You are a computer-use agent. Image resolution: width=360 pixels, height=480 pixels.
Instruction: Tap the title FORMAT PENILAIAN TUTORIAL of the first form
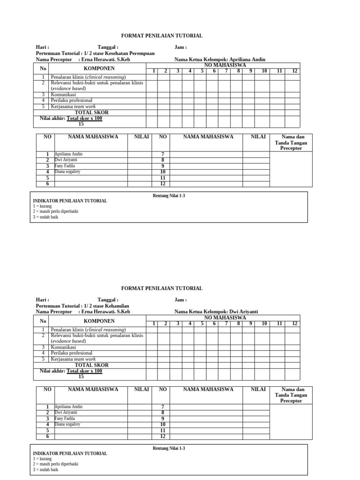coord(162,36)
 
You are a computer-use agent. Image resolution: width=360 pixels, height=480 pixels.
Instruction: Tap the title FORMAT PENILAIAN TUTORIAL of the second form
coord(162,288)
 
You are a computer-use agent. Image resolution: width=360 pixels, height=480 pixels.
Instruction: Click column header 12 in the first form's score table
coord(294,71)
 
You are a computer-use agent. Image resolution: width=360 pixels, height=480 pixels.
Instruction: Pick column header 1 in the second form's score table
coord(153,323)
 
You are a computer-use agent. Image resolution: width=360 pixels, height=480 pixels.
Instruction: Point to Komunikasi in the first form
coord(63,94)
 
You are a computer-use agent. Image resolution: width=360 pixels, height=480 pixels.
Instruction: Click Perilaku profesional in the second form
coord(72,353)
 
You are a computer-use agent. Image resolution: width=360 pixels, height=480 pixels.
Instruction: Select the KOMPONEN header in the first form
coord(99,68)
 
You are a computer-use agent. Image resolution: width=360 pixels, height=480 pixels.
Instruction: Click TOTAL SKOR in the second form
coord(92,365)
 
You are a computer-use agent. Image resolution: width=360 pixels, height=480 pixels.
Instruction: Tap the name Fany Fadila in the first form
coord(65,166)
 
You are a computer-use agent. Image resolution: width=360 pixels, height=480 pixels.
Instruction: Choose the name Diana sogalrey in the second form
coord(67,424)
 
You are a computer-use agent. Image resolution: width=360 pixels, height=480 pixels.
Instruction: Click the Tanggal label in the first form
coord(108,47)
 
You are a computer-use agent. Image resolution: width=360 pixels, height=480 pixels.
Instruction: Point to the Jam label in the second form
coord(180,300)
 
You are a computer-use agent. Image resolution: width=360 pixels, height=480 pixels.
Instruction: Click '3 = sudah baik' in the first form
coord(45,217)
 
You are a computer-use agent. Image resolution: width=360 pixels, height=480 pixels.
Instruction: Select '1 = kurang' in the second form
coord(42,459)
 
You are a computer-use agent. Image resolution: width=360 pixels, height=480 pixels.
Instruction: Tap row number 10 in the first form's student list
coord(163,172)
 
